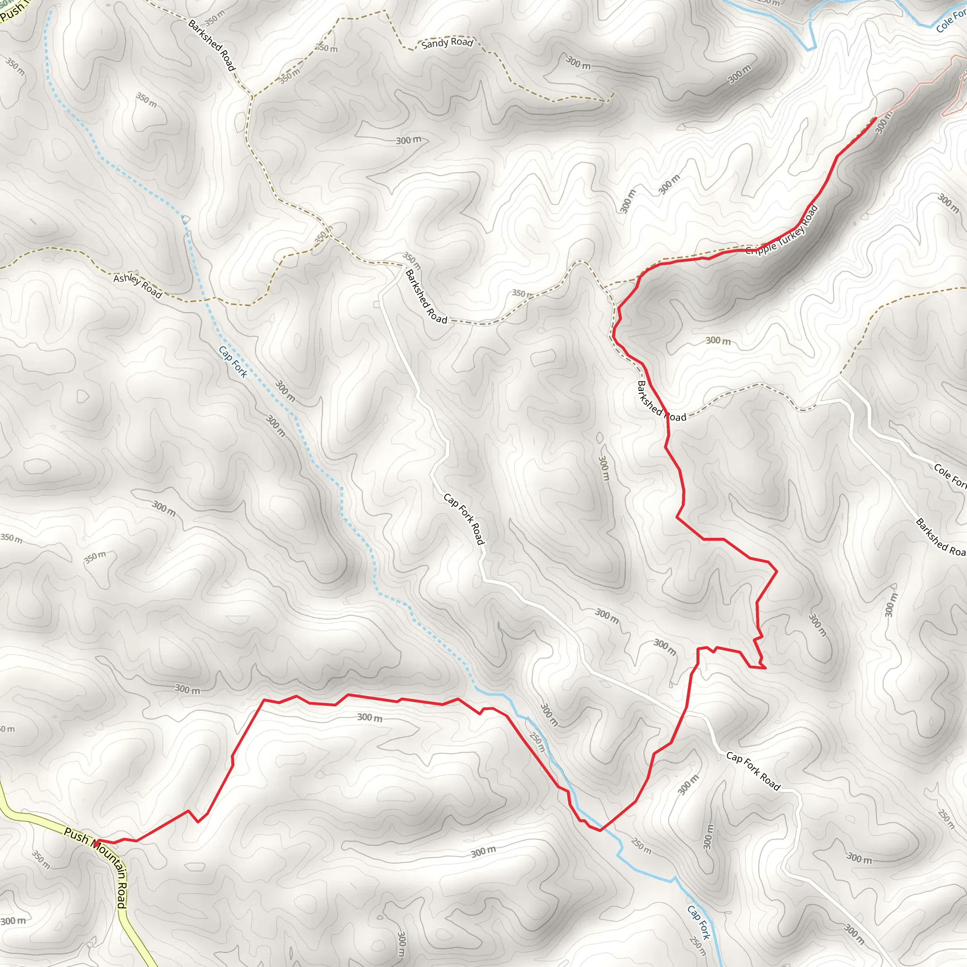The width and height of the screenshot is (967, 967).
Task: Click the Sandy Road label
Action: coord(447,43)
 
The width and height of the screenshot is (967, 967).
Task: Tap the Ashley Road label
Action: coord(138,286)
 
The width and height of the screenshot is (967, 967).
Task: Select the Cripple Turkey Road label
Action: coord(781,230)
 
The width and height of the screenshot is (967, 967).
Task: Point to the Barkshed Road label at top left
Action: coord(212,45)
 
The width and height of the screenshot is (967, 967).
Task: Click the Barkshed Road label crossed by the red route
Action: coord(661,401)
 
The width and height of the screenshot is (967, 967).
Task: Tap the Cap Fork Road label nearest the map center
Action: coord(464,518)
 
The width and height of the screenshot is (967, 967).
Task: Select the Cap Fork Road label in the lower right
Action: coord(753,771)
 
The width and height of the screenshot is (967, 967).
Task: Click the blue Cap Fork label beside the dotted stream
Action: coord(233,361)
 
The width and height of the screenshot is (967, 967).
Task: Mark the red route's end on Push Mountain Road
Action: coord(95,841)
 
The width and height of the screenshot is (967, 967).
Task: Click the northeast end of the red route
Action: coord(875,118)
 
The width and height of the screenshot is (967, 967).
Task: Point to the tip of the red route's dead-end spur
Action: coord(765,668)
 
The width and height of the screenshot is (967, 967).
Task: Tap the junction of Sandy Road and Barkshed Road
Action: coord(252,96)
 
